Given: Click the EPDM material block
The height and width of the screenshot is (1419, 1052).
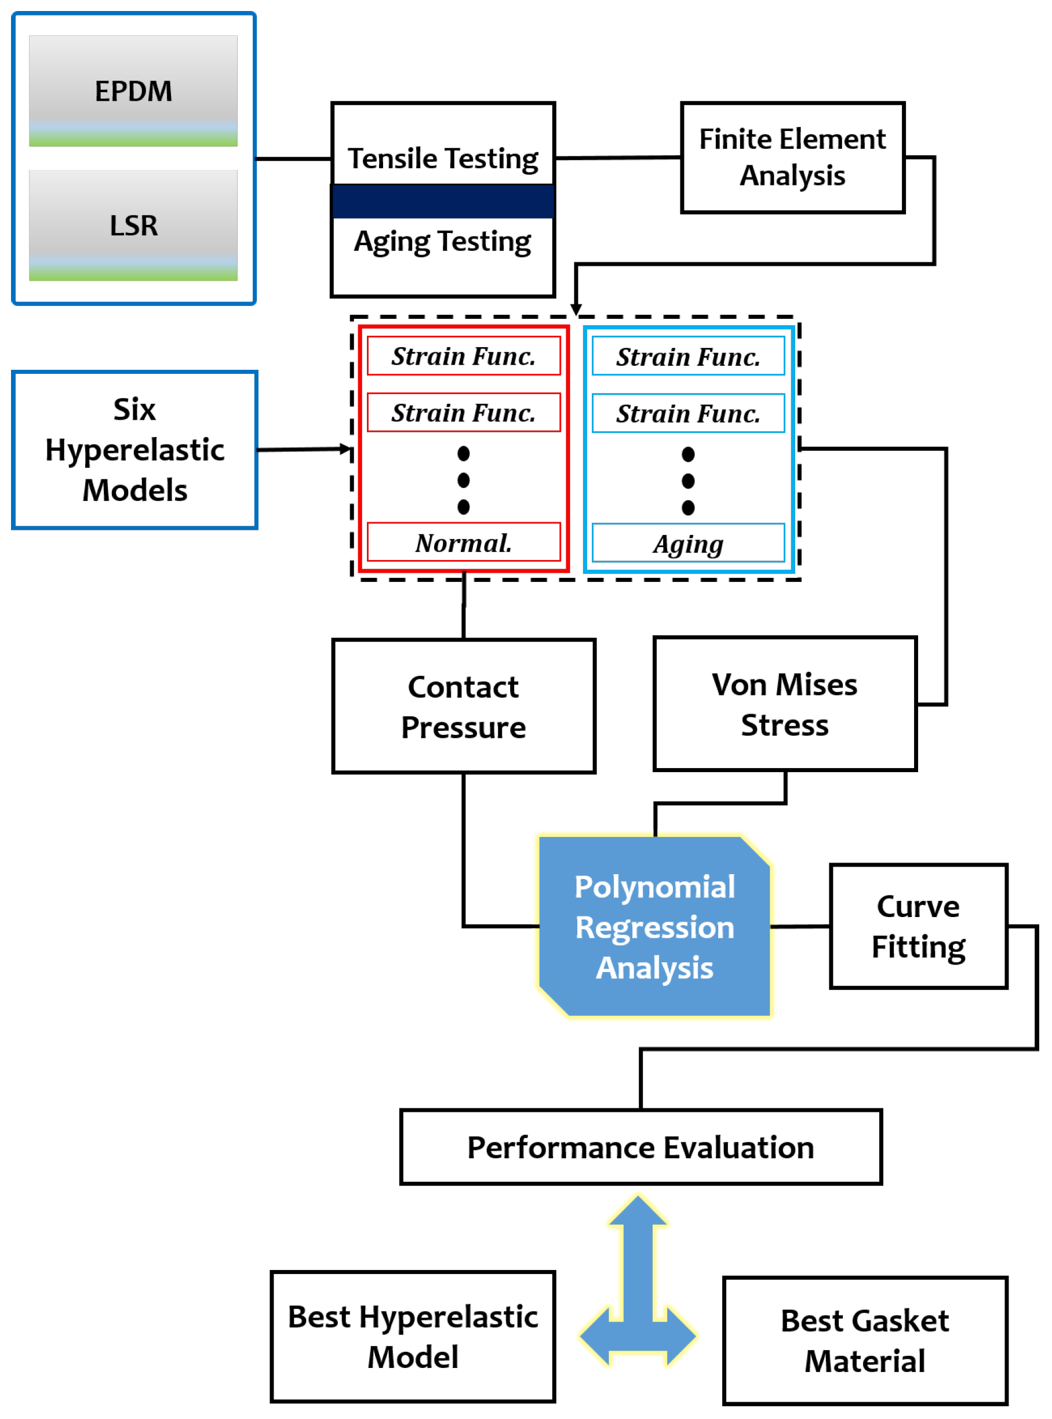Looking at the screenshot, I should (x=134, y=91).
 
